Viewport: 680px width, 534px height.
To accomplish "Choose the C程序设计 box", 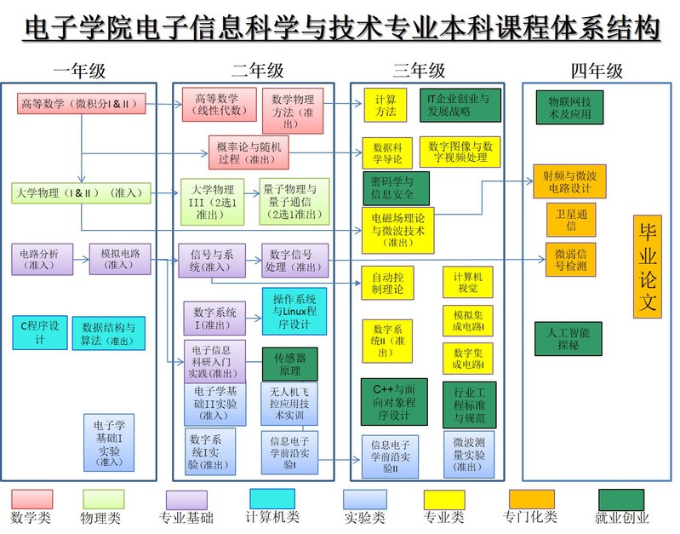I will [39, 331].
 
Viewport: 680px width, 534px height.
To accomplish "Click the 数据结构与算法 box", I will [108, 333].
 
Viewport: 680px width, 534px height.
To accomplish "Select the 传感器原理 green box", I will [289, 364].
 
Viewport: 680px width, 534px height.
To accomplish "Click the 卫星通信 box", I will [571, 219].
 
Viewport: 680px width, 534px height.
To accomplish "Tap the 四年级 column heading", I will [597, 70].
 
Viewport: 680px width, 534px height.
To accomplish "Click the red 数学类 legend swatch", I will [31, 499].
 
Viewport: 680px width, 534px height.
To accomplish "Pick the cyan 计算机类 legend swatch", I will [272, 498].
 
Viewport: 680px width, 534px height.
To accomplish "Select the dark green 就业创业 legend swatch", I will [621, 499].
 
